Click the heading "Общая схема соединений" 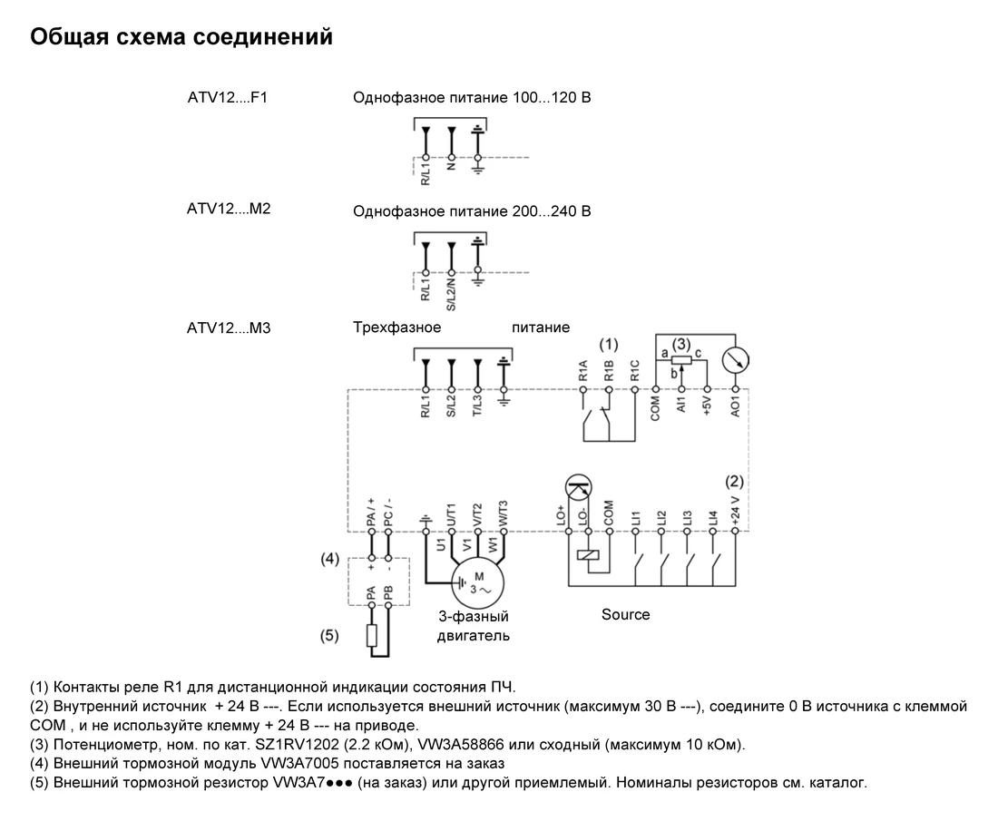181,37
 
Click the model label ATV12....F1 227,97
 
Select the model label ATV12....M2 229,209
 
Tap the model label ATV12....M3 229,328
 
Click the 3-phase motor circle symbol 478,583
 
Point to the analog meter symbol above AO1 735,360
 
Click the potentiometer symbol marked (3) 681,360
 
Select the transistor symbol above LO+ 579,487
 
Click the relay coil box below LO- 588,555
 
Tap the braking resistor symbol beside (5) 372,635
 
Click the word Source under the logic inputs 626,615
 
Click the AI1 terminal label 681,404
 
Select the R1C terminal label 634,370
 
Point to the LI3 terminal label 687,518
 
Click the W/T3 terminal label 504,513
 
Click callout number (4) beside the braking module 329,559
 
